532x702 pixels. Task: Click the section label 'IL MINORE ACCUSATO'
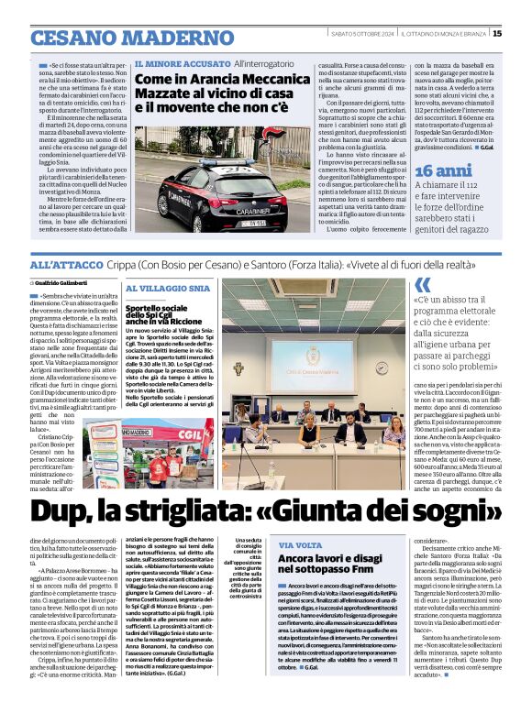[182, 64]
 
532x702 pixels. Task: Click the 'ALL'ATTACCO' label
[62, 264]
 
